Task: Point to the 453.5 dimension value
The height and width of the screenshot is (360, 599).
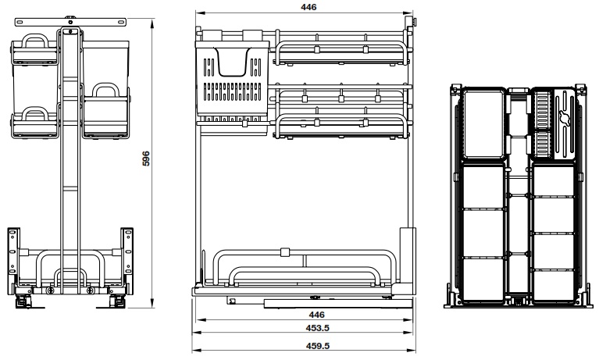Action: point(305,329)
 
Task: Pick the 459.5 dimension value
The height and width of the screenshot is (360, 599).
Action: point(305,344)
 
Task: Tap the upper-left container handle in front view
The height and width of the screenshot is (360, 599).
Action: point(35,41)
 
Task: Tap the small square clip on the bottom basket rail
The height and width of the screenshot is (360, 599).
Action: point(283,252)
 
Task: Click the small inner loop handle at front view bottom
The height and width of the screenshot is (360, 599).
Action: point(71,278)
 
